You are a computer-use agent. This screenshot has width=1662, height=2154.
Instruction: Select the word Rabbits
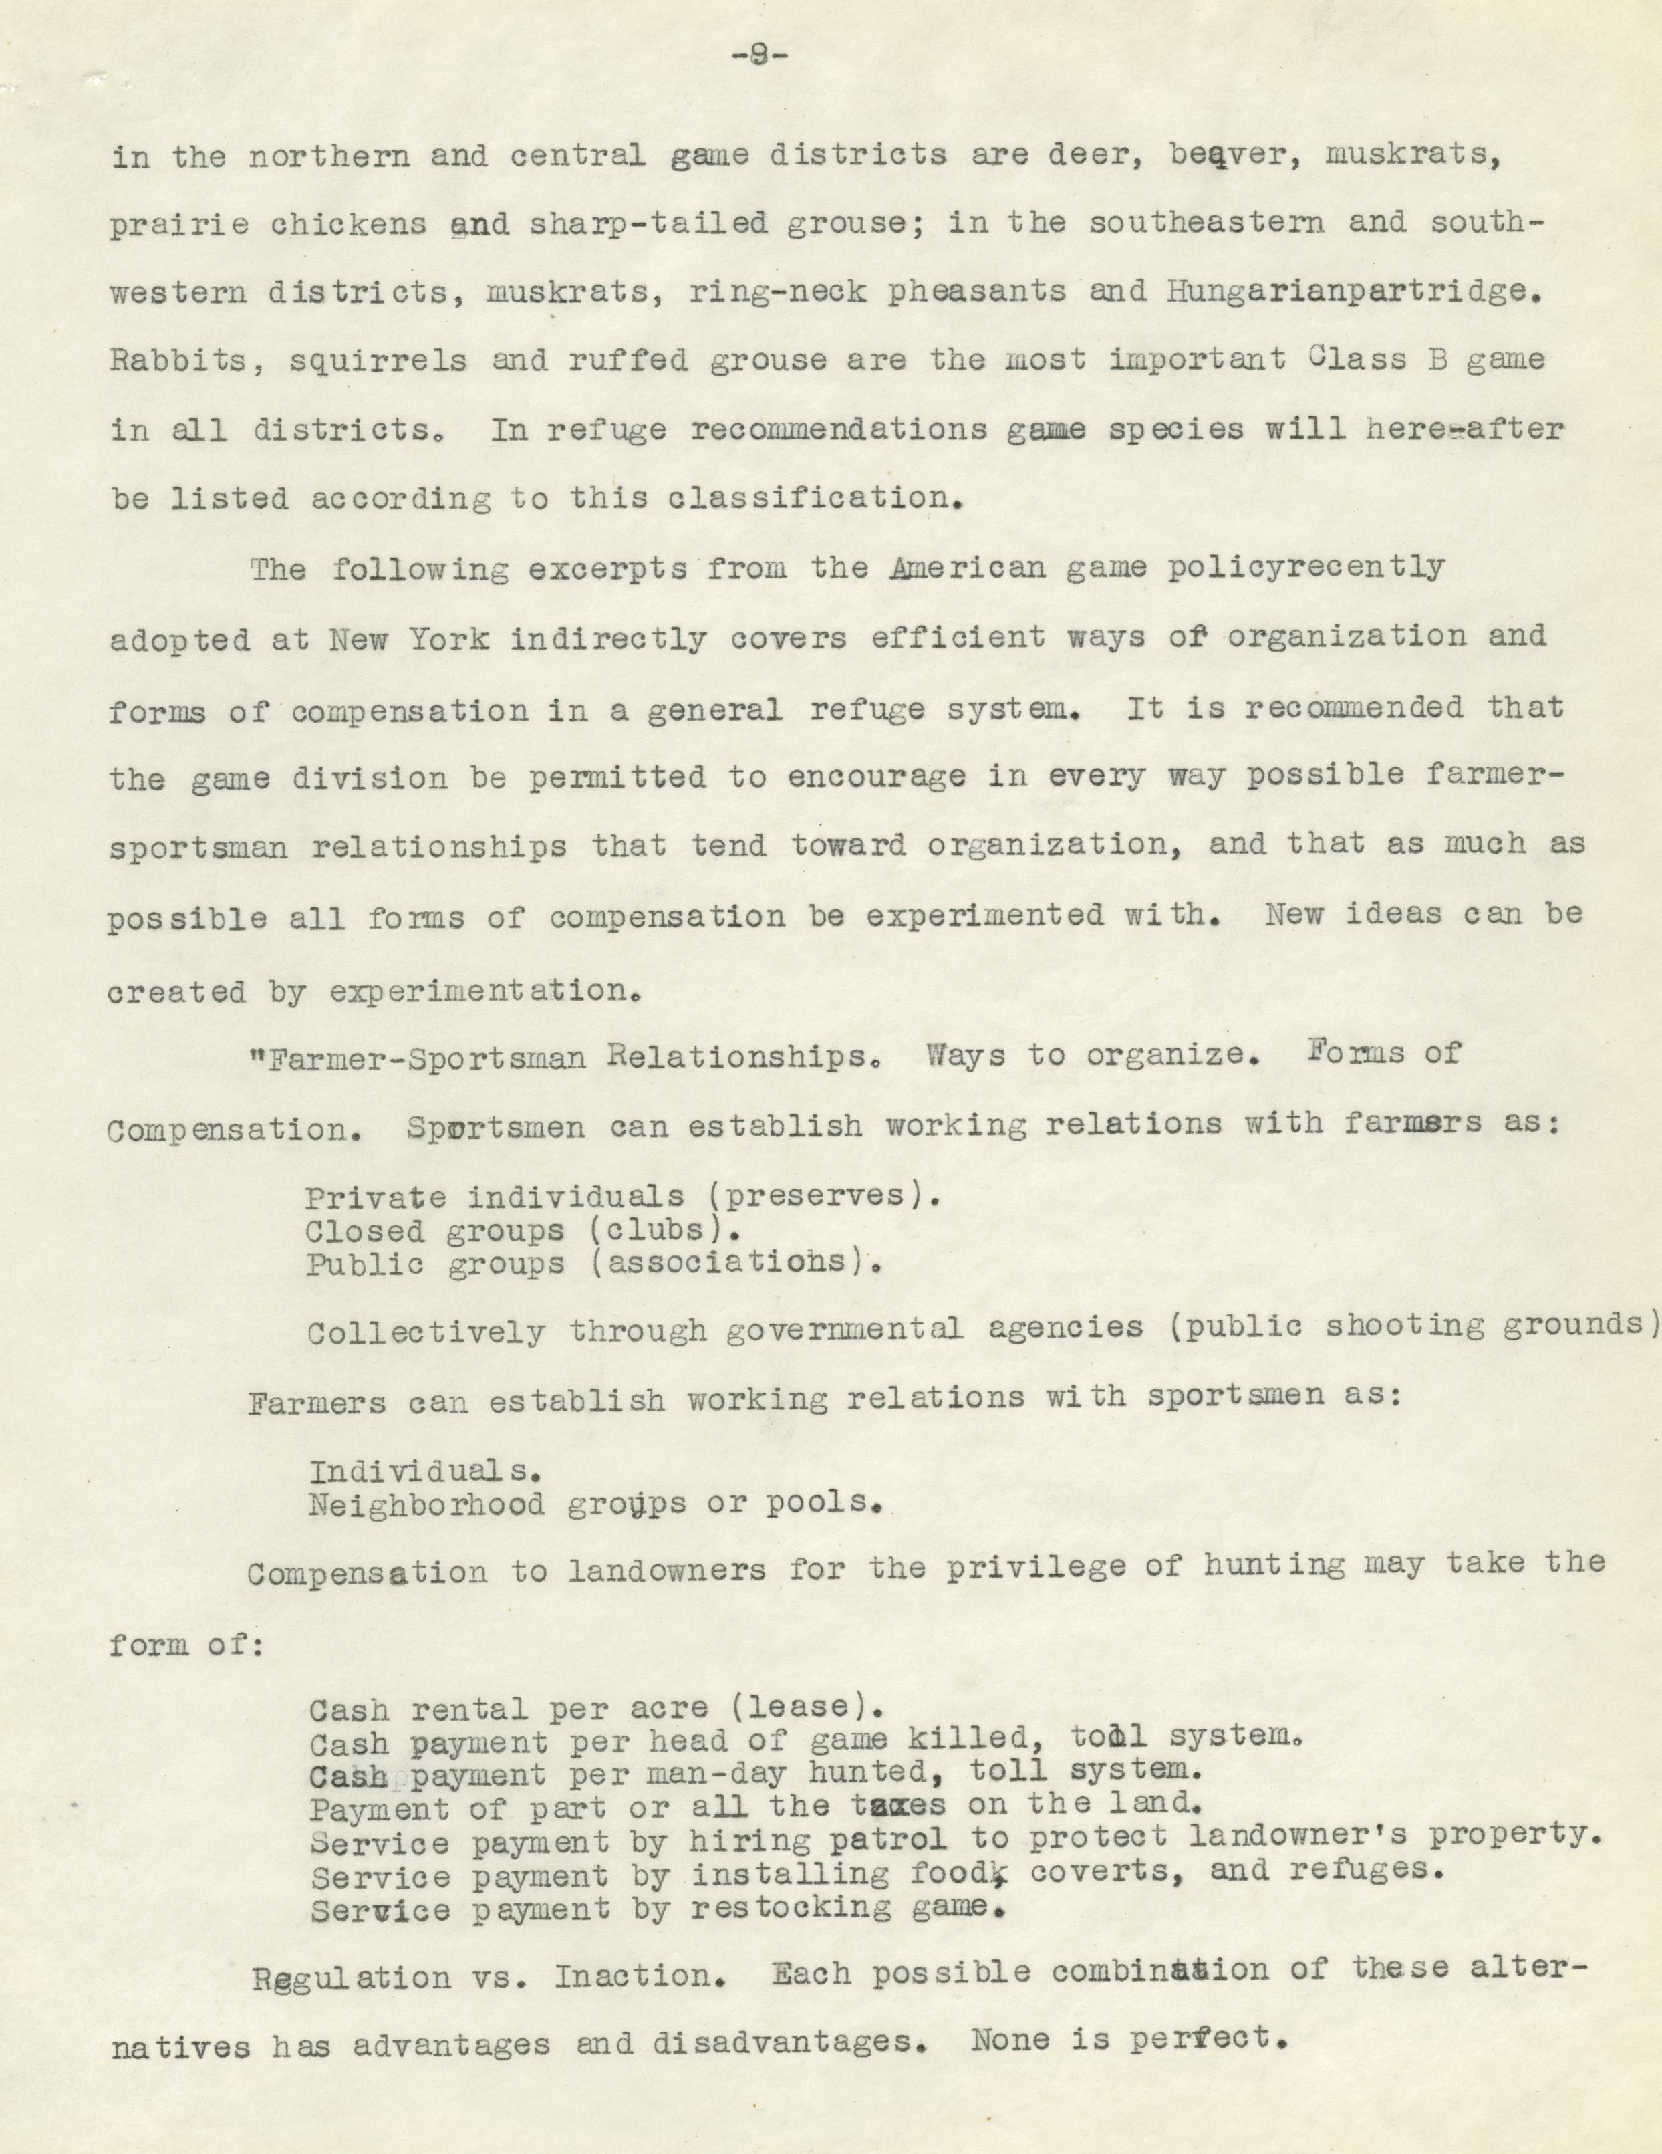(x=178, y=361)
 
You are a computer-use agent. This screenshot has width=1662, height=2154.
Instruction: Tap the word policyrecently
(x=1305, y=569)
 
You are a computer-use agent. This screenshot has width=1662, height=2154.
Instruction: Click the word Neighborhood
(x=426, y=1532)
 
